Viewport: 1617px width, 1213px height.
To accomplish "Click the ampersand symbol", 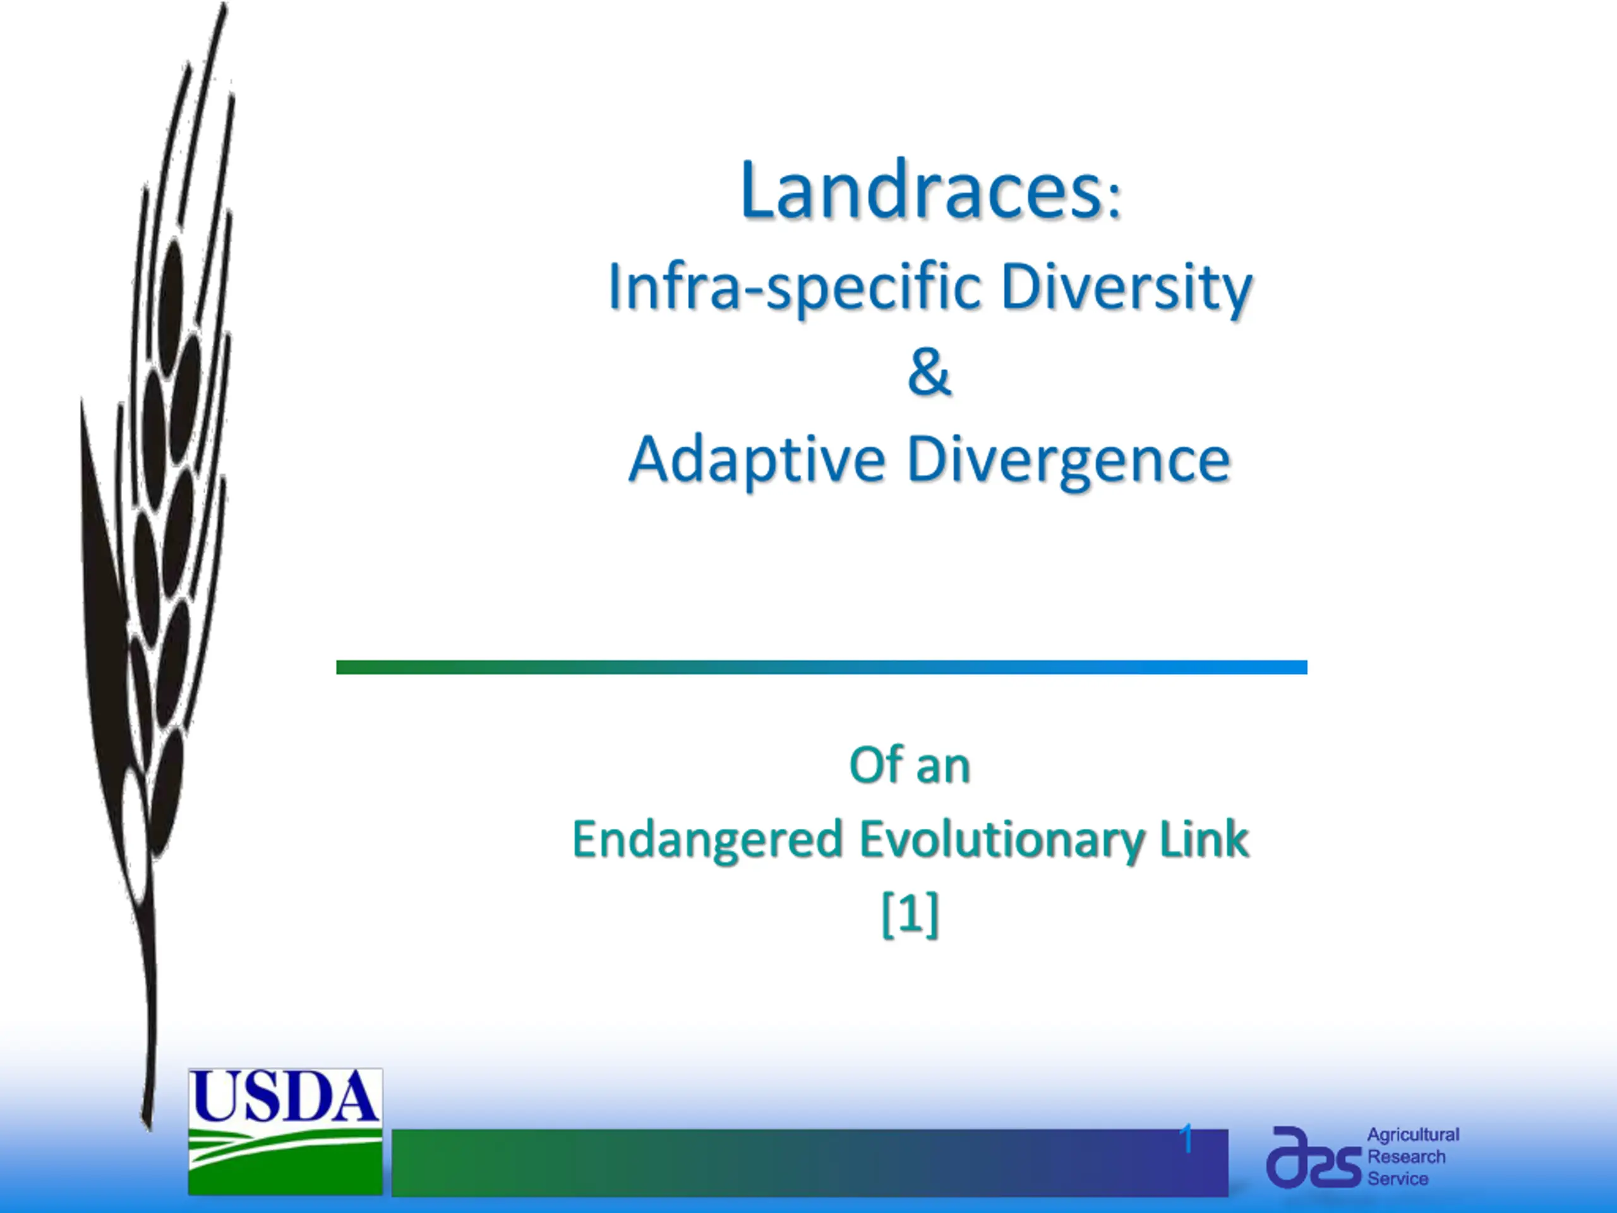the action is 929,372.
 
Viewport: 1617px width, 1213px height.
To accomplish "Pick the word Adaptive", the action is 757,461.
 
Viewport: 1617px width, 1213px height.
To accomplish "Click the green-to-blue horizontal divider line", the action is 822,667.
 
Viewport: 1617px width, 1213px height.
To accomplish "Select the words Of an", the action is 910,766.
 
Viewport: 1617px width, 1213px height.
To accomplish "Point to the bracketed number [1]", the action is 910,914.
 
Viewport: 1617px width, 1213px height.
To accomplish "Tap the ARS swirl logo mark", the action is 1314,1157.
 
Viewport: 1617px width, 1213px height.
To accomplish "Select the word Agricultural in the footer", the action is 1413,1135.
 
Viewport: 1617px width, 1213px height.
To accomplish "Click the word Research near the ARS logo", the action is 1407,1157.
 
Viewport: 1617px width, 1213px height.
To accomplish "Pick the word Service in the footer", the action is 1398,1179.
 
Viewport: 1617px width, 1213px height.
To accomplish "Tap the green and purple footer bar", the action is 810,1163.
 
